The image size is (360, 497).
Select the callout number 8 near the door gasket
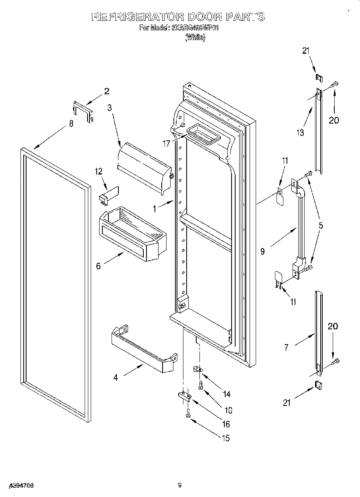pos(71,124)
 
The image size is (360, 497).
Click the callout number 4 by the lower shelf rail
pos(116,377)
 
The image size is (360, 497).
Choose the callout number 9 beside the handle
pos(262,252)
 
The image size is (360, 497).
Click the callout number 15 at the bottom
pos(226,438)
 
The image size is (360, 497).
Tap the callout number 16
pos(226,424)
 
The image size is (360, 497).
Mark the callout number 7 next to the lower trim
pos(286,348)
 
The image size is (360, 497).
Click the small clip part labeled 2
pos(83,112)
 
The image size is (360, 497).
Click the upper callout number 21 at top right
pos(306,51)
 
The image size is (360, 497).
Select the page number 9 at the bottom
pos(180,485)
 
